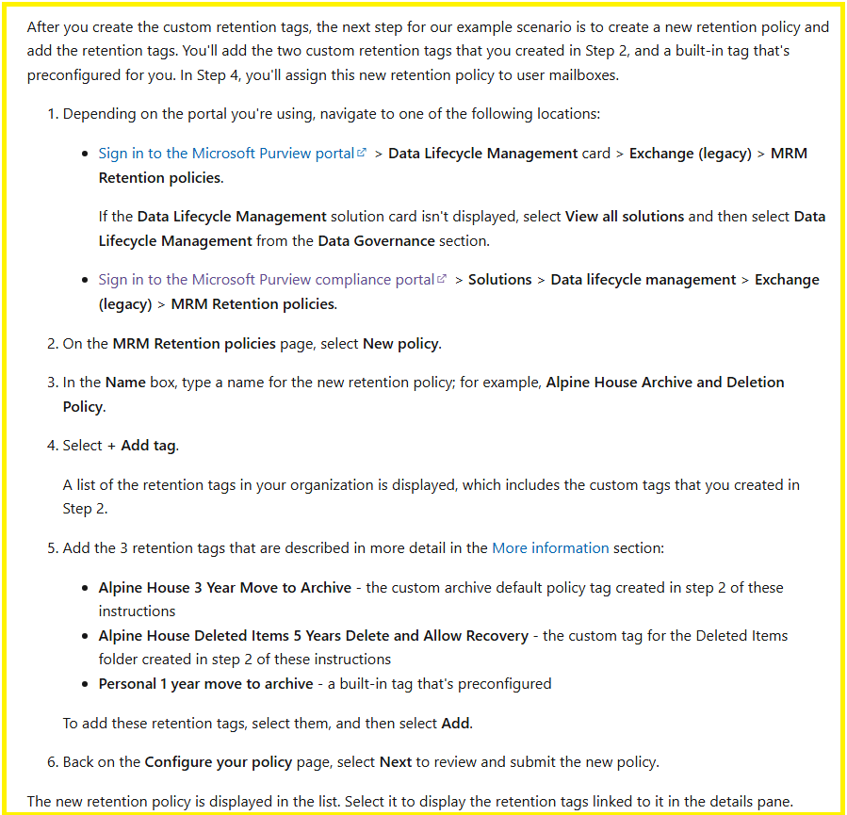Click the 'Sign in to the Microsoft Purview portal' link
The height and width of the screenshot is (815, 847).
226,154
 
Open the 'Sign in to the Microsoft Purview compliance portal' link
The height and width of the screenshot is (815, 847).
267,280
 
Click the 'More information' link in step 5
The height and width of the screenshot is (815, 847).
550,547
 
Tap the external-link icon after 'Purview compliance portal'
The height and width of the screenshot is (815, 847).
442,280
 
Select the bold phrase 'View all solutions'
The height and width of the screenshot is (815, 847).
625,217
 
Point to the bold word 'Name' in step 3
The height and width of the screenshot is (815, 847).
125,383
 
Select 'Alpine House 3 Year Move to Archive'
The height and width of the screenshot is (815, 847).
224,588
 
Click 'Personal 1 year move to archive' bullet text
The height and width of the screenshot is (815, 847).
205,684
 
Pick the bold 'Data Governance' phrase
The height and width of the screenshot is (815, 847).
376,241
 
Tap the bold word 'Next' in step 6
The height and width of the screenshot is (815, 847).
396,762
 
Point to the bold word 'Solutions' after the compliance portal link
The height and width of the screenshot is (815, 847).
499,280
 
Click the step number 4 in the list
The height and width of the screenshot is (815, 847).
52,446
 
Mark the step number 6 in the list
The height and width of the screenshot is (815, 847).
52,762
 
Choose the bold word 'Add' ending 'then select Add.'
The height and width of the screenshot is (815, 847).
455,724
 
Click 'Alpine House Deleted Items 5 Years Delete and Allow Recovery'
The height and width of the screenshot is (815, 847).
313,636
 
